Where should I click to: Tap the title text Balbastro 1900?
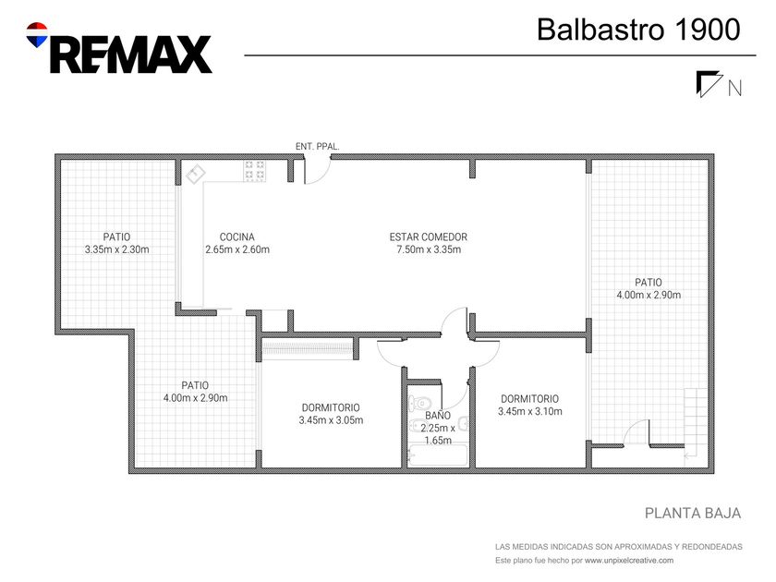click(638, 30)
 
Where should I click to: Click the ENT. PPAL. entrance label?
click(317, 147)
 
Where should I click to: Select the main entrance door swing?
click(317, 171)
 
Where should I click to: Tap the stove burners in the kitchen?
click(254, 170)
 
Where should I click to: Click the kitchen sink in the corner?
click(196, 174)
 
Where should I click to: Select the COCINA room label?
click(237, 237)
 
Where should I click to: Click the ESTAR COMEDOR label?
click(428, 237)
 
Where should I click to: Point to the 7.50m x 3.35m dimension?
click(429, 249)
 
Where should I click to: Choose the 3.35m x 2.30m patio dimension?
click(116, 249)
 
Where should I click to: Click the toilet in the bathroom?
click(418, 403)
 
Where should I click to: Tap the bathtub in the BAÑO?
click(438, 455)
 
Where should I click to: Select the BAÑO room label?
click(438, 415)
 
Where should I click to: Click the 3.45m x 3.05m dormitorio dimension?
click(331, 420)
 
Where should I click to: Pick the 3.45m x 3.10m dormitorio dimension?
click(530, 411)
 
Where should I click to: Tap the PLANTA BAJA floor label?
click(693, 514)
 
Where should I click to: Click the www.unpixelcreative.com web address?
click(629, 561)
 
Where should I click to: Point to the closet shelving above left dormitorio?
click(307, 348)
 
